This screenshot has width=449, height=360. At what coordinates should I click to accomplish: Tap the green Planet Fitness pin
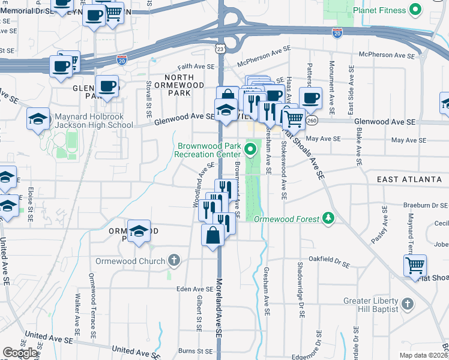pos(415,10)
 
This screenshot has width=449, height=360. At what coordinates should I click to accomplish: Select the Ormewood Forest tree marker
pos(328,217)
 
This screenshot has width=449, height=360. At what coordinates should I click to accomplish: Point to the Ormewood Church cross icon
pos(174,260)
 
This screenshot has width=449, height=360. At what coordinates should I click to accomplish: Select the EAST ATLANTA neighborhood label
pos(412,179)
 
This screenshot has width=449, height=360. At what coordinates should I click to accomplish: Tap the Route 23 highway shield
pos(221,49)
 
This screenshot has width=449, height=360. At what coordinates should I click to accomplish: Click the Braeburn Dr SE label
pos(426,205)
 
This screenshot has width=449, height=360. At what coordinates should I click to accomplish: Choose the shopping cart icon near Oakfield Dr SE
pos(416,265)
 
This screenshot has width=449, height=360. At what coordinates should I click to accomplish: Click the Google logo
pos(20,353)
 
